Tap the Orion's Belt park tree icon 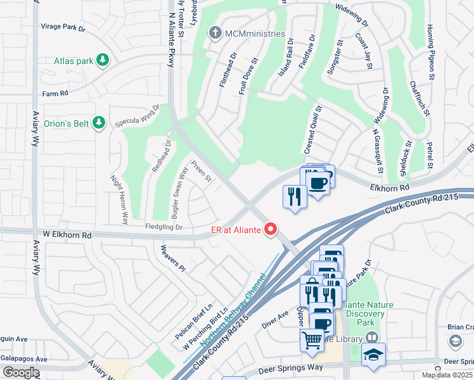click(x=98, y=122)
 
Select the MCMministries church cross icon click(x=216, y=32)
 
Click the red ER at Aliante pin click(x=271, y=229)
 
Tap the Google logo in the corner click(x=21, y=372)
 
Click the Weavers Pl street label click(x=172, y=259)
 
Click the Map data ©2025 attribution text click(x=447, y=375)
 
